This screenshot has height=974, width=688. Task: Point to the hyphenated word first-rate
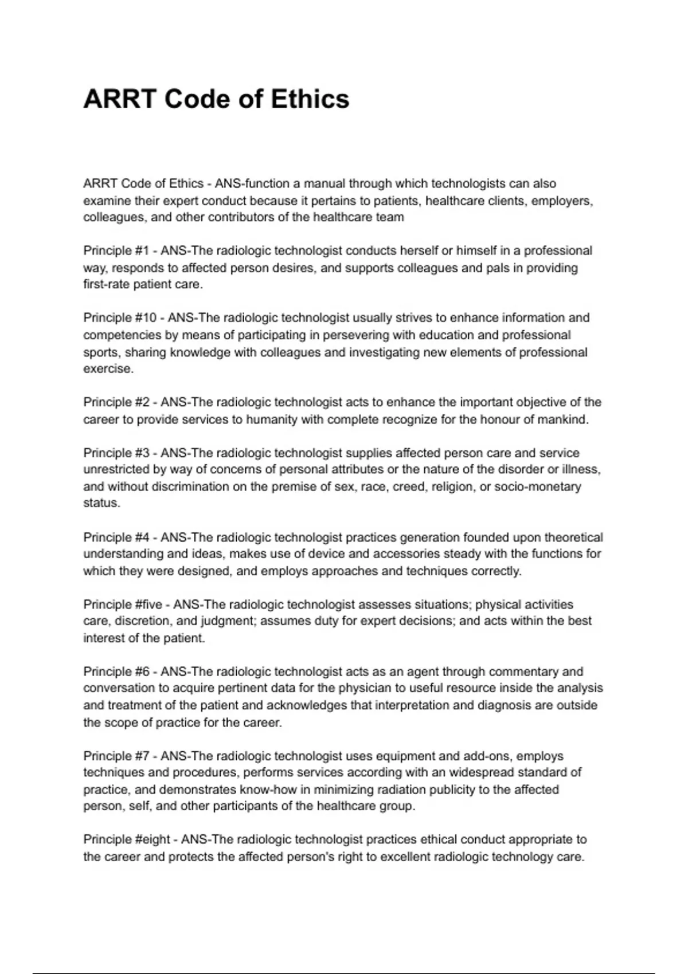point(107,284)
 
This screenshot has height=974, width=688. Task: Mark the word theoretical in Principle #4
point(573,537)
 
